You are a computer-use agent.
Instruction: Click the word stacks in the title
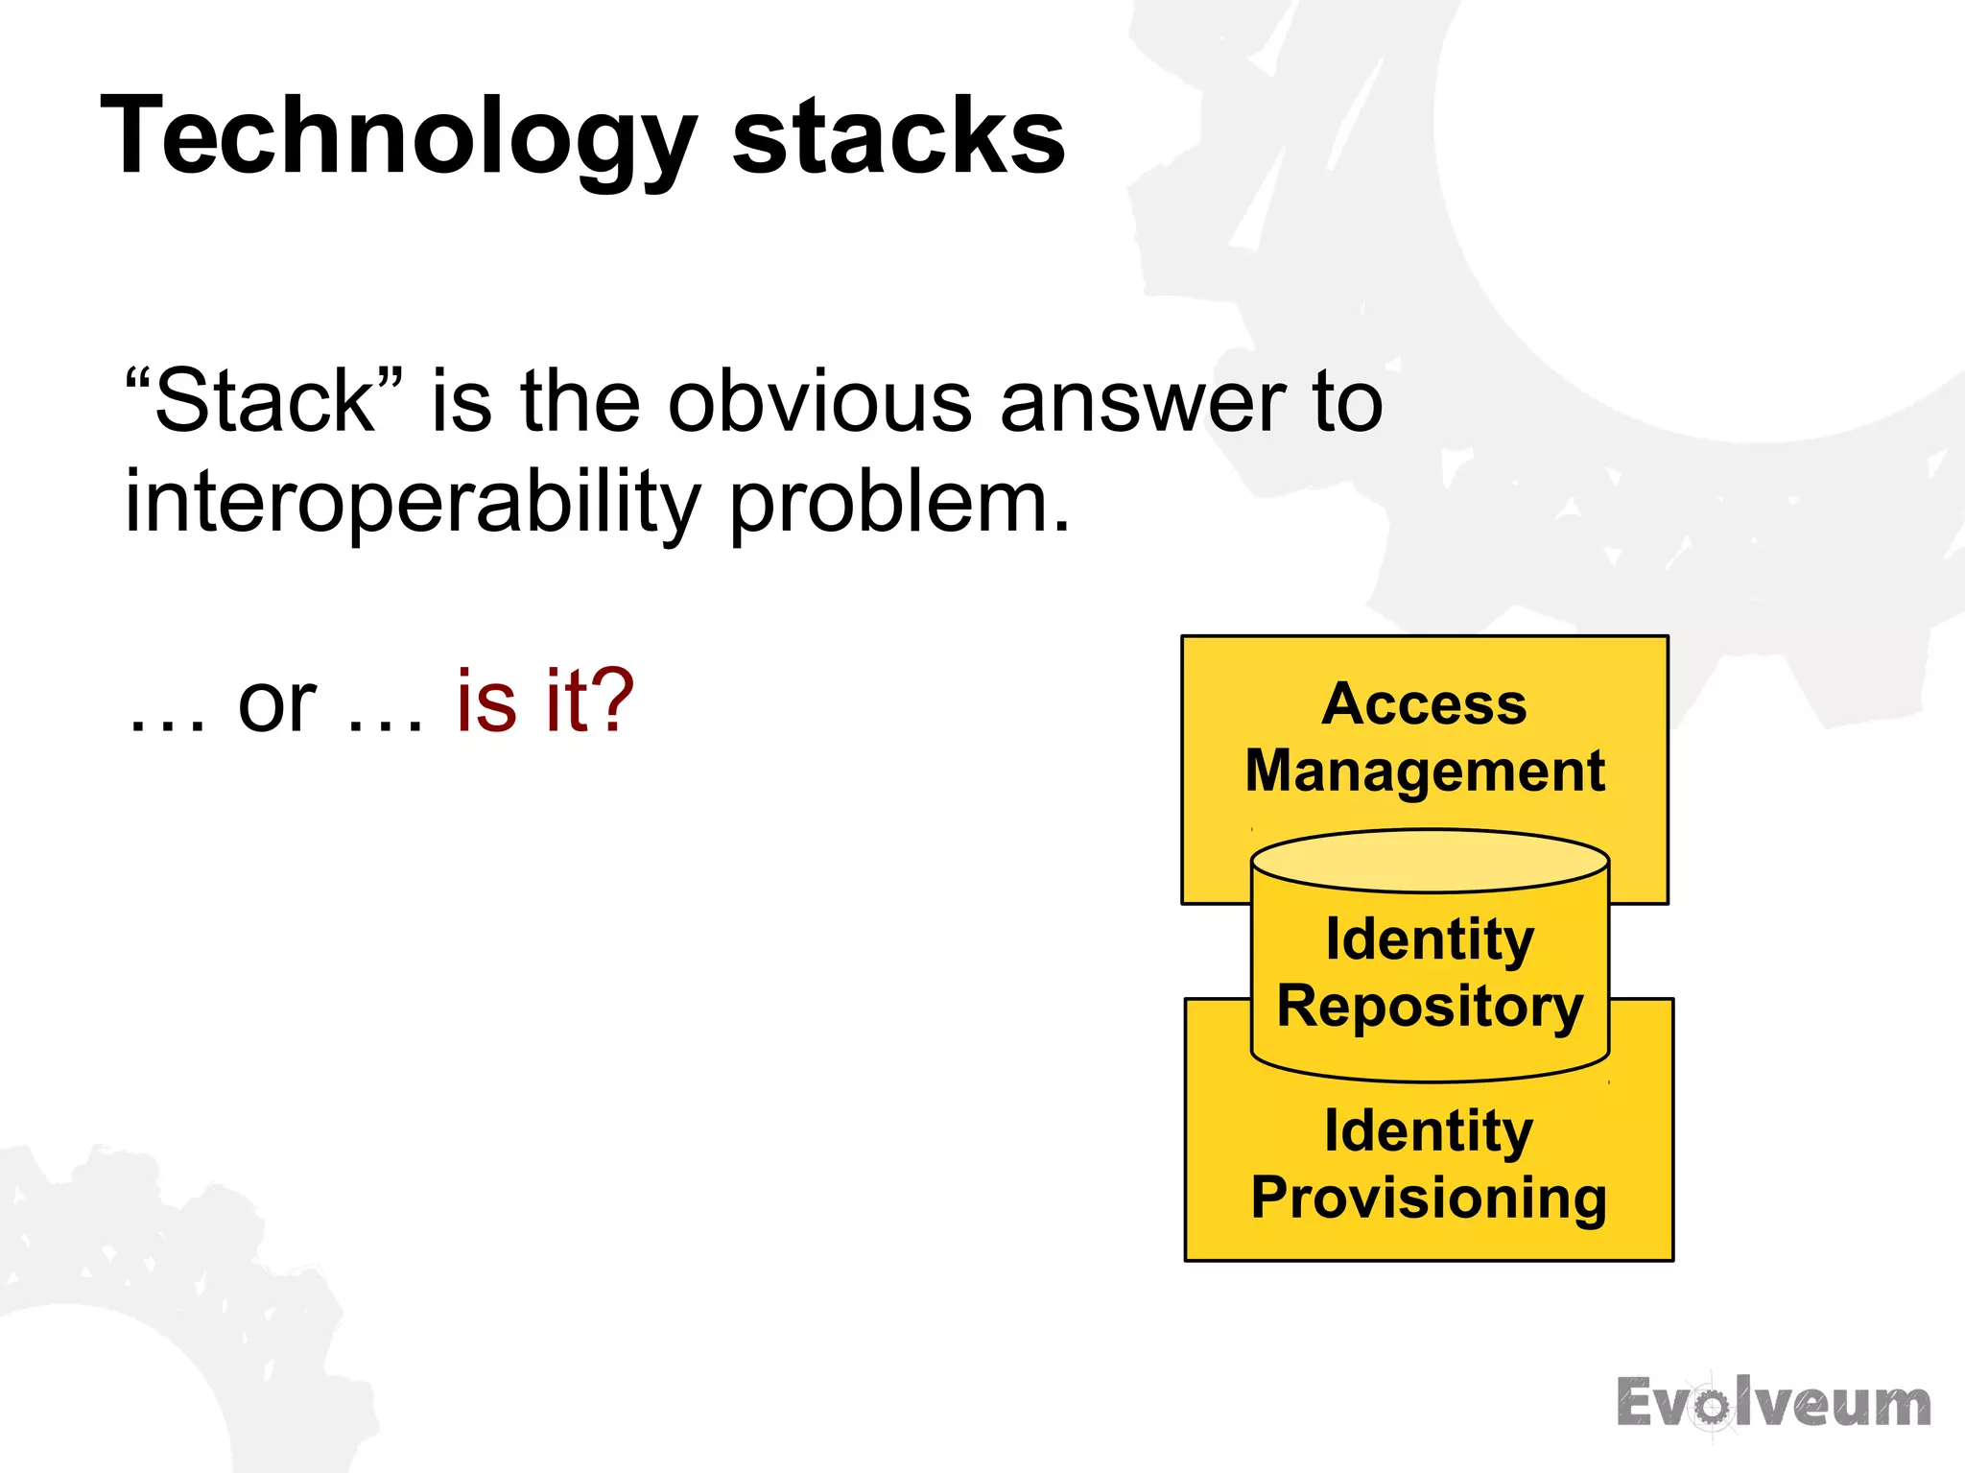tap(898, 136)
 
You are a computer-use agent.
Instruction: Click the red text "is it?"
tap(544, 701)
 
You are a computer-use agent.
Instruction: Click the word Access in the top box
tap(1424, 703)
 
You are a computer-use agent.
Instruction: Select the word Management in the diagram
tap(1425, 771)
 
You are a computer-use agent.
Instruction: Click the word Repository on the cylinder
tap(1430, 1007)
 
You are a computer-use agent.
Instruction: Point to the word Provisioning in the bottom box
tap(1429, 1198)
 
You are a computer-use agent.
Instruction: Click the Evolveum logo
tap(1773, 1403)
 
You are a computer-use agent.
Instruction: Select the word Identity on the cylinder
tap(1430, 938)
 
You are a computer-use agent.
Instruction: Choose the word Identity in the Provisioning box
tap(1429, 1130)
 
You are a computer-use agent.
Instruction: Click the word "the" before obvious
tap(580, 401)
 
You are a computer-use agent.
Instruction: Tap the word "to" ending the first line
tap(1347, 401)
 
